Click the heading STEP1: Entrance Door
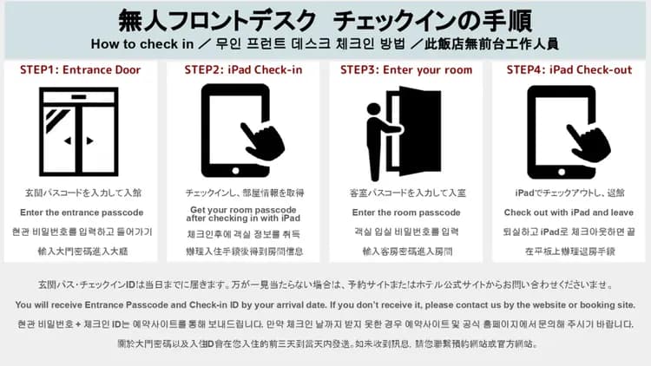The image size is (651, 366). coord(81,69)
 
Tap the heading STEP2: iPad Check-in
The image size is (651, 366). coord(243,69)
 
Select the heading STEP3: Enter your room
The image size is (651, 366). coord(406,69)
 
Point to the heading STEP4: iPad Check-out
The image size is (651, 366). coord(569,69)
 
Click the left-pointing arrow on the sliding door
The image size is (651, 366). coord(67,141)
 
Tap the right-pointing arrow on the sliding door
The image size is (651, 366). coord(89,141)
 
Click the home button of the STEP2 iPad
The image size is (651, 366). coord(235,171)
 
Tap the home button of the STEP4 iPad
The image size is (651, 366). coord(562,172)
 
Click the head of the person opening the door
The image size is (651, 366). coord(373,108)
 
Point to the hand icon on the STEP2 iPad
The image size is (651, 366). coord(263,141)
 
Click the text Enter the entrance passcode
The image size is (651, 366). coord(82,212)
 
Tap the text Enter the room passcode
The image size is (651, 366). coord(406,212)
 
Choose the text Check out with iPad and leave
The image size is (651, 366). coord(569,212)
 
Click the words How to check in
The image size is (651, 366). coord(142,44)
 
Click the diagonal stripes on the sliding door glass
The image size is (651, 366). coord(56,119)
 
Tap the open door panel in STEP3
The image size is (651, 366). coord(420,131)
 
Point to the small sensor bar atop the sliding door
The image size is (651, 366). coord(79,97)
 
